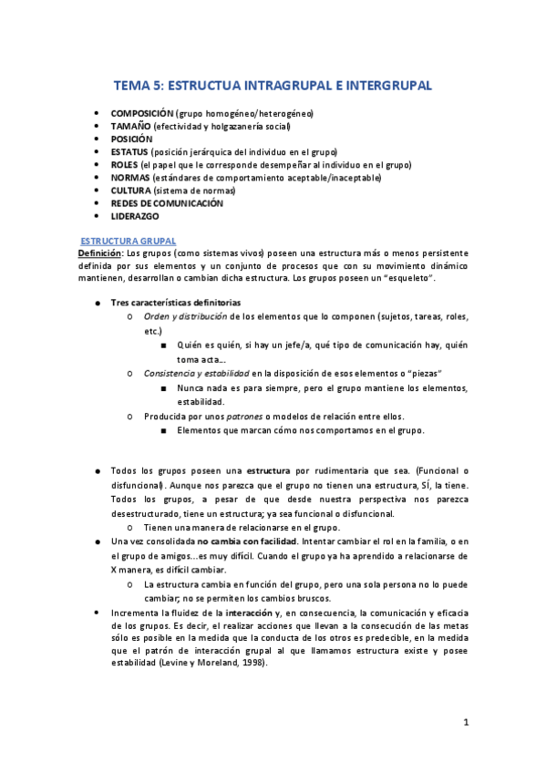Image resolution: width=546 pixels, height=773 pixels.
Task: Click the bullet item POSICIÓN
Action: pyautogui.click(x=132, y=139)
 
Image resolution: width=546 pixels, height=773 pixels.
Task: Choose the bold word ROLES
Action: pyautogui.click(x=125, y=165)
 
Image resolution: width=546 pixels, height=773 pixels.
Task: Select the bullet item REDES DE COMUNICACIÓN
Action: pyautogui.click(x=167, y=204)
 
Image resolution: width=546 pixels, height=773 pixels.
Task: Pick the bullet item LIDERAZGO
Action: pyautogui.click(x=135, y=217)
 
